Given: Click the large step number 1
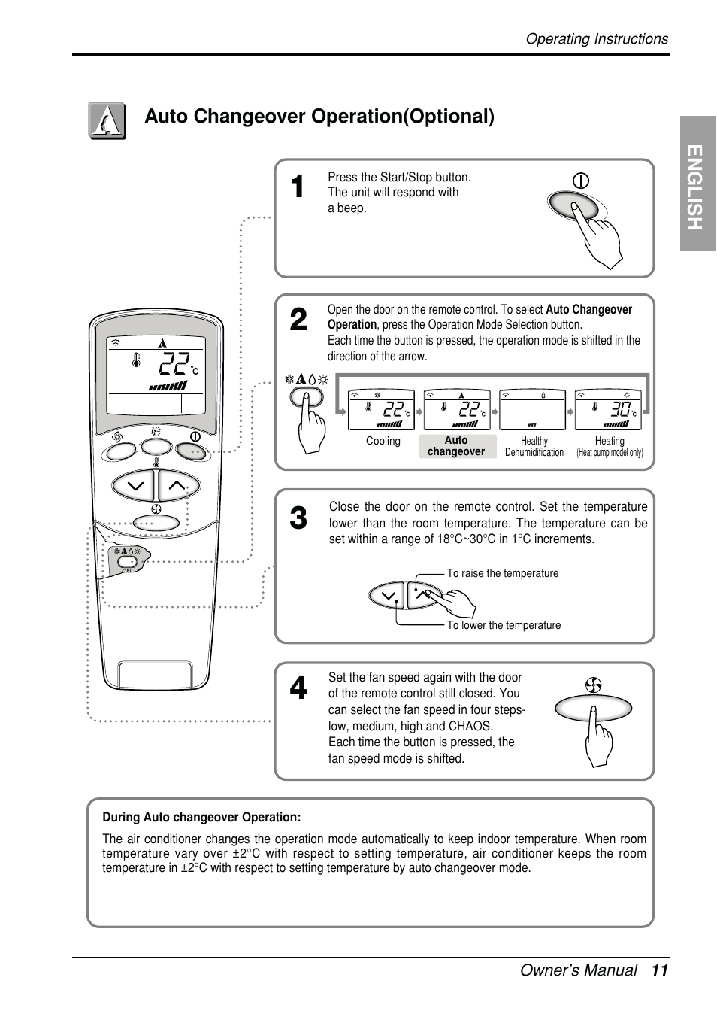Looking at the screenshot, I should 298,187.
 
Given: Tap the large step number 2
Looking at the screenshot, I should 298,320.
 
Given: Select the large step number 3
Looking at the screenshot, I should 298,518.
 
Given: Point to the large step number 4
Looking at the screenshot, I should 298,688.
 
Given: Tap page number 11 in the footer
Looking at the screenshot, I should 659,970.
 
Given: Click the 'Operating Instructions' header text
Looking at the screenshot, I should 596,39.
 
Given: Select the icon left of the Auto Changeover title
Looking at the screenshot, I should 107,120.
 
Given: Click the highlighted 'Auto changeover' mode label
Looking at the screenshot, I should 456,446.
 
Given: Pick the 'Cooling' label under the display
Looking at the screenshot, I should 383,441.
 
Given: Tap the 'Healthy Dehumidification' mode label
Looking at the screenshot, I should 534,447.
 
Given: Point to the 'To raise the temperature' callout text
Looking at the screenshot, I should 503,573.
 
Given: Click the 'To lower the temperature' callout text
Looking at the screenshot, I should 504,625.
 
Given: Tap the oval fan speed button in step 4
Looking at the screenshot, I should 593,709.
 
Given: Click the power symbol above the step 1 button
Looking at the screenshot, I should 581,181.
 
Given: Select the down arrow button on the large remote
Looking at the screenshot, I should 135,485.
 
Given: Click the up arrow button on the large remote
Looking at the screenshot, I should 177,485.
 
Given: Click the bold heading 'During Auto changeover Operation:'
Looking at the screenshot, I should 201,817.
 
